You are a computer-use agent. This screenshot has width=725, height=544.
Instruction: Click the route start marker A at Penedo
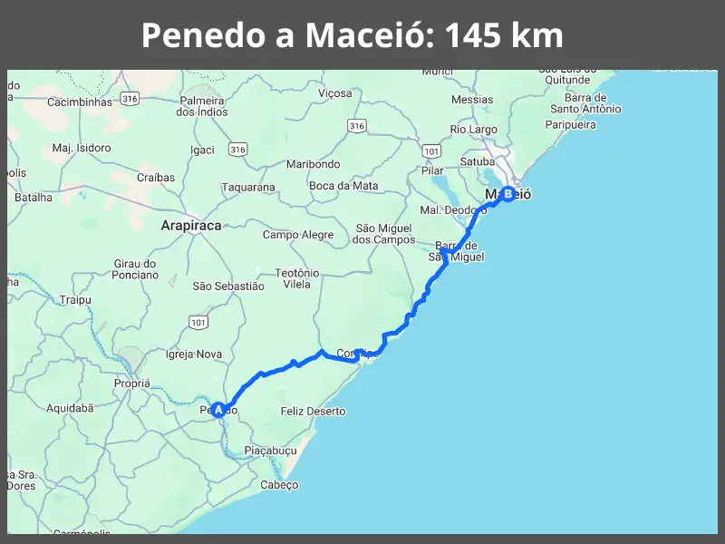(218, 410)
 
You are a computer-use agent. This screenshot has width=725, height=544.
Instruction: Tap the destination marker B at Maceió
(507, 194)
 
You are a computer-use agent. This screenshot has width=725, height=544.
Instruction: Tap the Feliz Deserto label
(314, 412)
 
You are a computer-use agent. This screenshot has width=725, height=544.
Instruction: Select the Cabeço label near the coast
(279, 485)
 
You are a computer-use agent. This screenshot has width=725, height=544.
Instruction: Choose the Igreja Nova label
(194, 355)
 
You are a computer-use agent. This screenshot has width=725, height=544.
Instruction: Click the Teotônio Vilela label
(297, 278)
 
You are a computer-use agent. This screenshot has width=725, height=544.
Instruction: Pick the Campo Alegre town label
(298, 235)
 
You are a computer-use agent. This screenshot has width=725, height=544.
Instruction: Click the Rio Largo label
(474, 131)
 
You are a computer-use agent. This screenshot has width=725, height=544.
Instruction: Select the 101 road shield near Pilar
(431, 150)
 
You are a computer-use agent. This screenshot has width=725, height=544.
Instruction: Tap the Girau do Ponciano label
(136, 269)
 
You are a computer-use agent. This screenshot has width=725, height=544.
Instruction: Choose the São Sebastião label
(228, 287)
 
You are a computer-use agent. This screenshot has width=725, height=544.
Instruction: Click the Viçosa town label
(334, 93)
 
